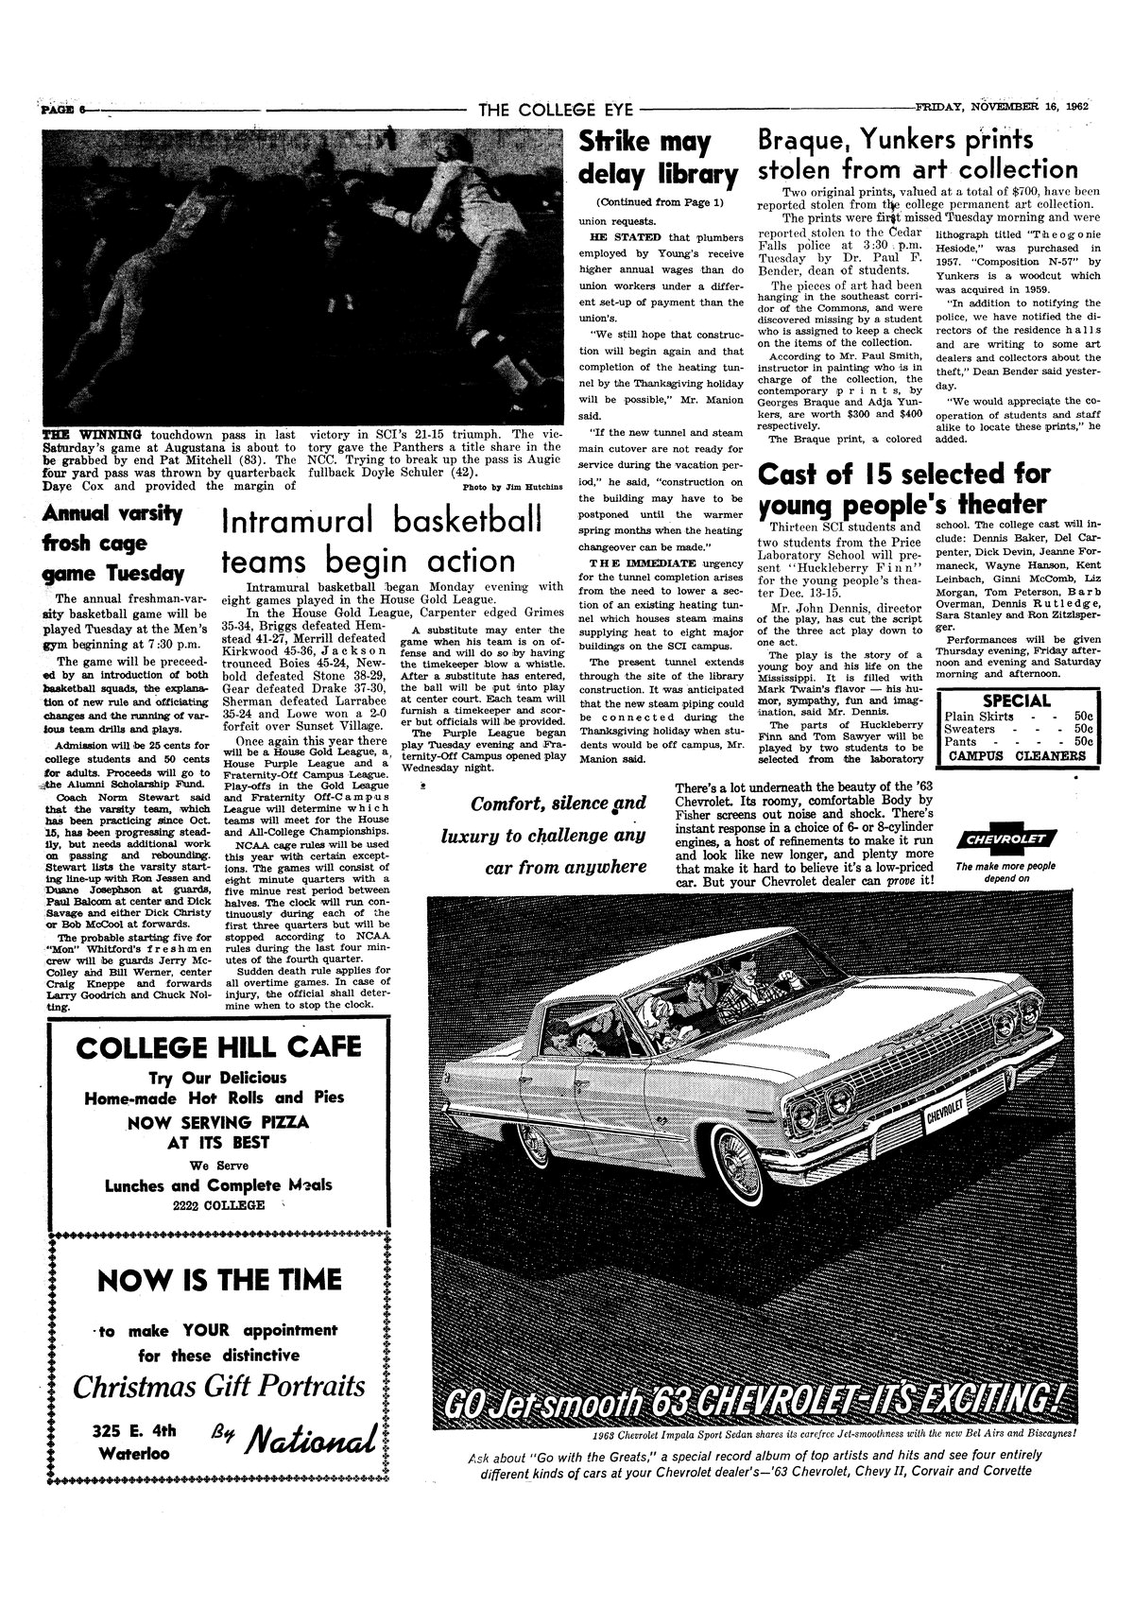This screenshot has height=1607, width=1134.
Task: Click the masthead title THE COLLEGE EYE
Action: [555, 110]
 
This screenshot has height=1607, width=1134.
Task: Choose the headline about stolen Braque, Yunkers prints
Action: [918, 156]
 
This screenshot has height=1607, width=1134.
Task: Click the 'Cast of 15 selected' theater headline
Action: [902, 488]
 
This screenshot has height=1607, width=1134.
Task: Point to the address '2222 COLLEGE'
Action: [217, 1205]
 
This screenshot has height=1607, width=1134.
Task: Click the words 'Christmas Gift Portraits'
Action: [219, 1387]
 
